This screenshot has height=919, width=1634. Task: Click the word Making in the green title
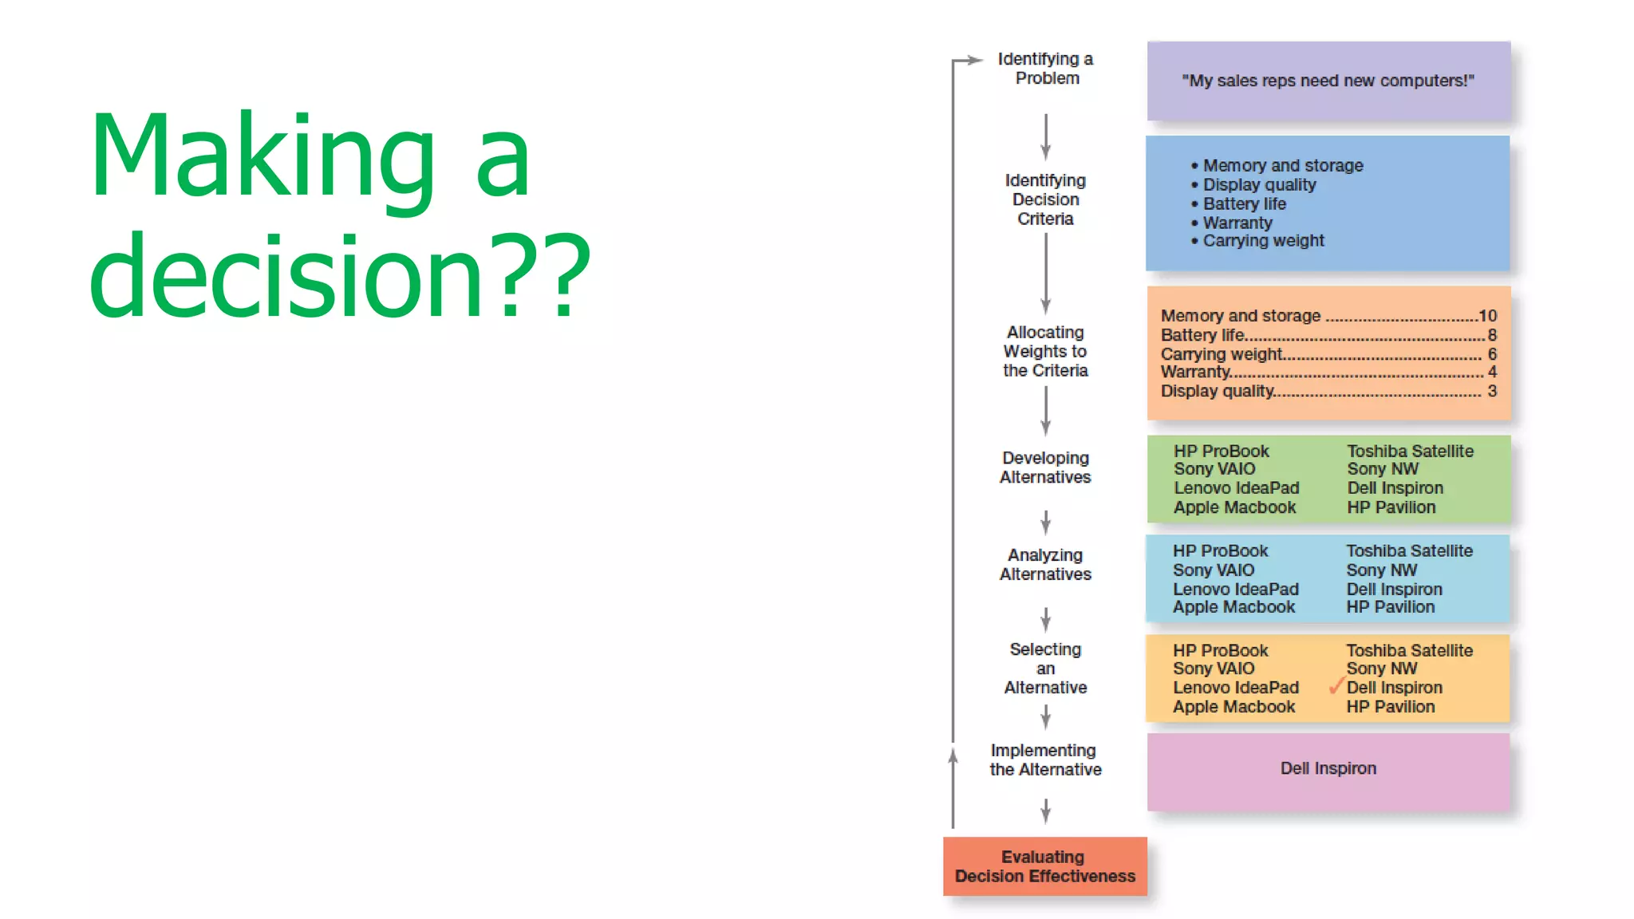(x=263, y=156)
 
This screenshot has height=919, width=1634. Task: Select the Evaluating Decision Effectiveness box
(x=1044, y=866)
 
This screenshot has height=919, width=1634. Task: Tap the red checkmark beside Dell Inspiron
(x=1336, y=686)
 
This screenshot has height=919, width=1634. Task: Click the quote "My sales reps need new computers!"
(x=1328, y=81)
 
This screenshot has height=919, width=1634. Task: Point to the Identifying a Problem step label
(x=1045, y=69)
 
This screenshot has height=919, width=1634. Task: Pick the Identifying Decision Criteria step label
(x=1045, y=199)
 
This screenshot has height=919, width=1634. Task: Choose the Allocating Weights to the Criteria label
(x=1045, y=351)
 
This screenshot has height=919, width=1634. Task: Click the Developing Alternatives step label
(x=1045, y=467)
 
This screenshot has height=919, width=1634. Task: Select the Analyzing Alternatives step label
(x=1045, y=564)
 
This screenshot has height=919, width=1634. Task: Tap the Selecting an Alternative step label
(x=1045, y=669)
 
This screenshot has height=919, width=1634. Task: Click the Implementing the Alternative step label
(x=1045, y=759)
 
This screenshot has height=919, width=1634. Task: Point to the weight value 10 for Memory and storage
(x=1487, y=316)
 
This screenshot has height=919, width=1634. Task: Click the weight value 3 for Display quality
(x=1492, y=391)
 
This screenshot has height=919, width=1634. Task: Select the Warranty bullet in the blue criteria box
(x=1237, y=223)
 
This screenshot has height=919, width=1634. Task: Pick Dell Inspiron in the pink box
(x=1328, y=768)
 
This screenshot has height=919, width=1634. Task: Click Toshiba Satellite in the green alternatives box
(x=1410, y=451)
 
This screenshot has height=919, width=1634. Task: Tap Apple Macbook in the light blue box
(x=1233, y=607)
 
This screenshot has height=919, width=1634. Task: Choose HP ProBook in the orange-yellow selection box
(x=1220, y=650)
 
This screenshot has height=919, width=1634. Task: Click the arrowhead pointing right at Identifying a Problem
(x=975, y=60)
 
